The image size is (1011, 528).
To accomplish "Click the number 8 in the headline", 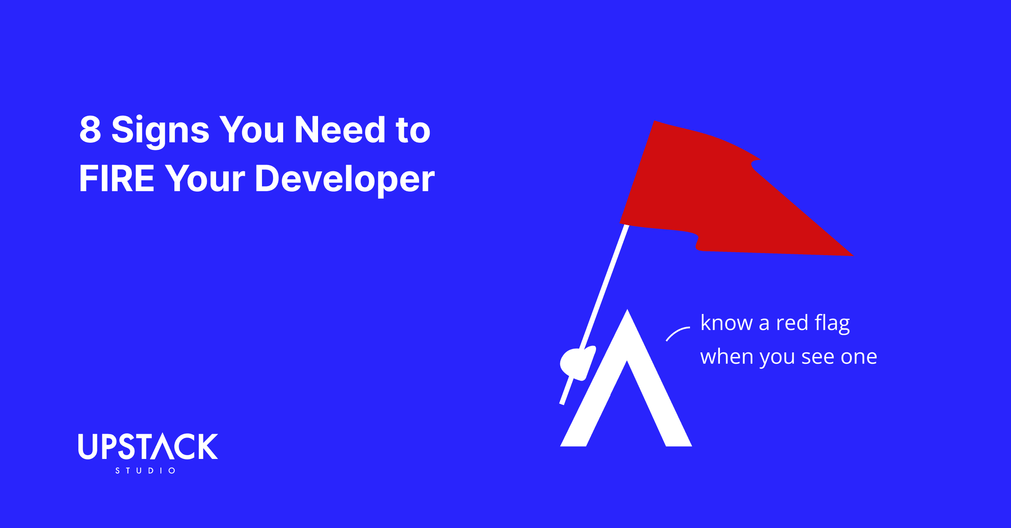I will pos(90,130).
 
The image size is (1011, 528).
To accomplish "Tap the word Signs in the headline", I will pos(160,131).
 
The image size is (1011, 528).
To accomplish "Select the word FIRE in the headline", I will pos(117,179).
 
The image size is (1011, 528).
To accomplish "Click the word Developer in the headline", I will pos(345,179).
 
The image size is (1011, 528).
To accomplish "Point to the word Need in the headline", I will pos(340,130).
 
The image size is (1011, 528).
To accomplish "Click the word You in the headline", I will pos(252,130).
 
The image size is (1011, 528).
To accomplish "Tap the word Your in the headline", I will pos(205,179).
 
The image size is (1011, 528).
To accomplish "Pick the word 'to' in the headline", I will pos(413,131).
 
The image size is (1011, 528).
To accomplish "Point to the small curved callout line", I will pos(677,333).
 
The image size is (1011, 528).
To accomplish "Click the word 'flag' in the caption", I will pos(832,323).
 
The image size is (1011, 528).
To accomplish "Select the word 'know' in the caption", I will pos(726,323).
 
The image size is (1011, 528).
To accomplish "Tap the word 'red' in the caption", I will pos(792,323).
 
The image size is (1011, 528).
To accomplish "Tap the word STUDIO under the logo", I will pos(145,471).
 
